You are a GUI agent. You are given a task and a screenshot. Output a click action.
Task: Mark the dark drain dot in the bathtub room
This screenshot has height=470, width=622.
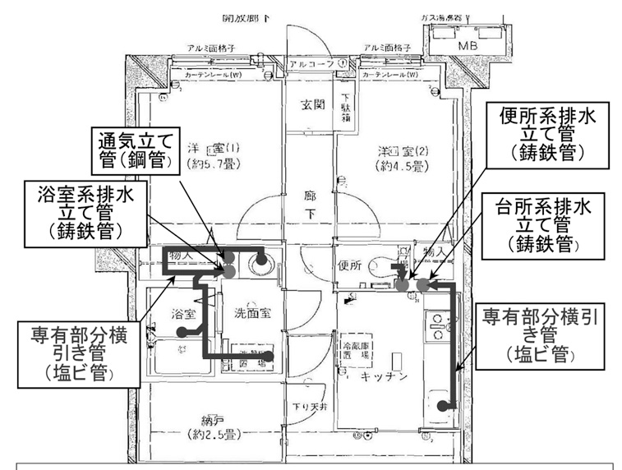182,332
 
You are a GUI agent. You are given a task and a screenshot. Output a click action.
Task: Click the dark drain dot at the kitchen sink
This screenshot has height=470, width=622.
444,404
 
